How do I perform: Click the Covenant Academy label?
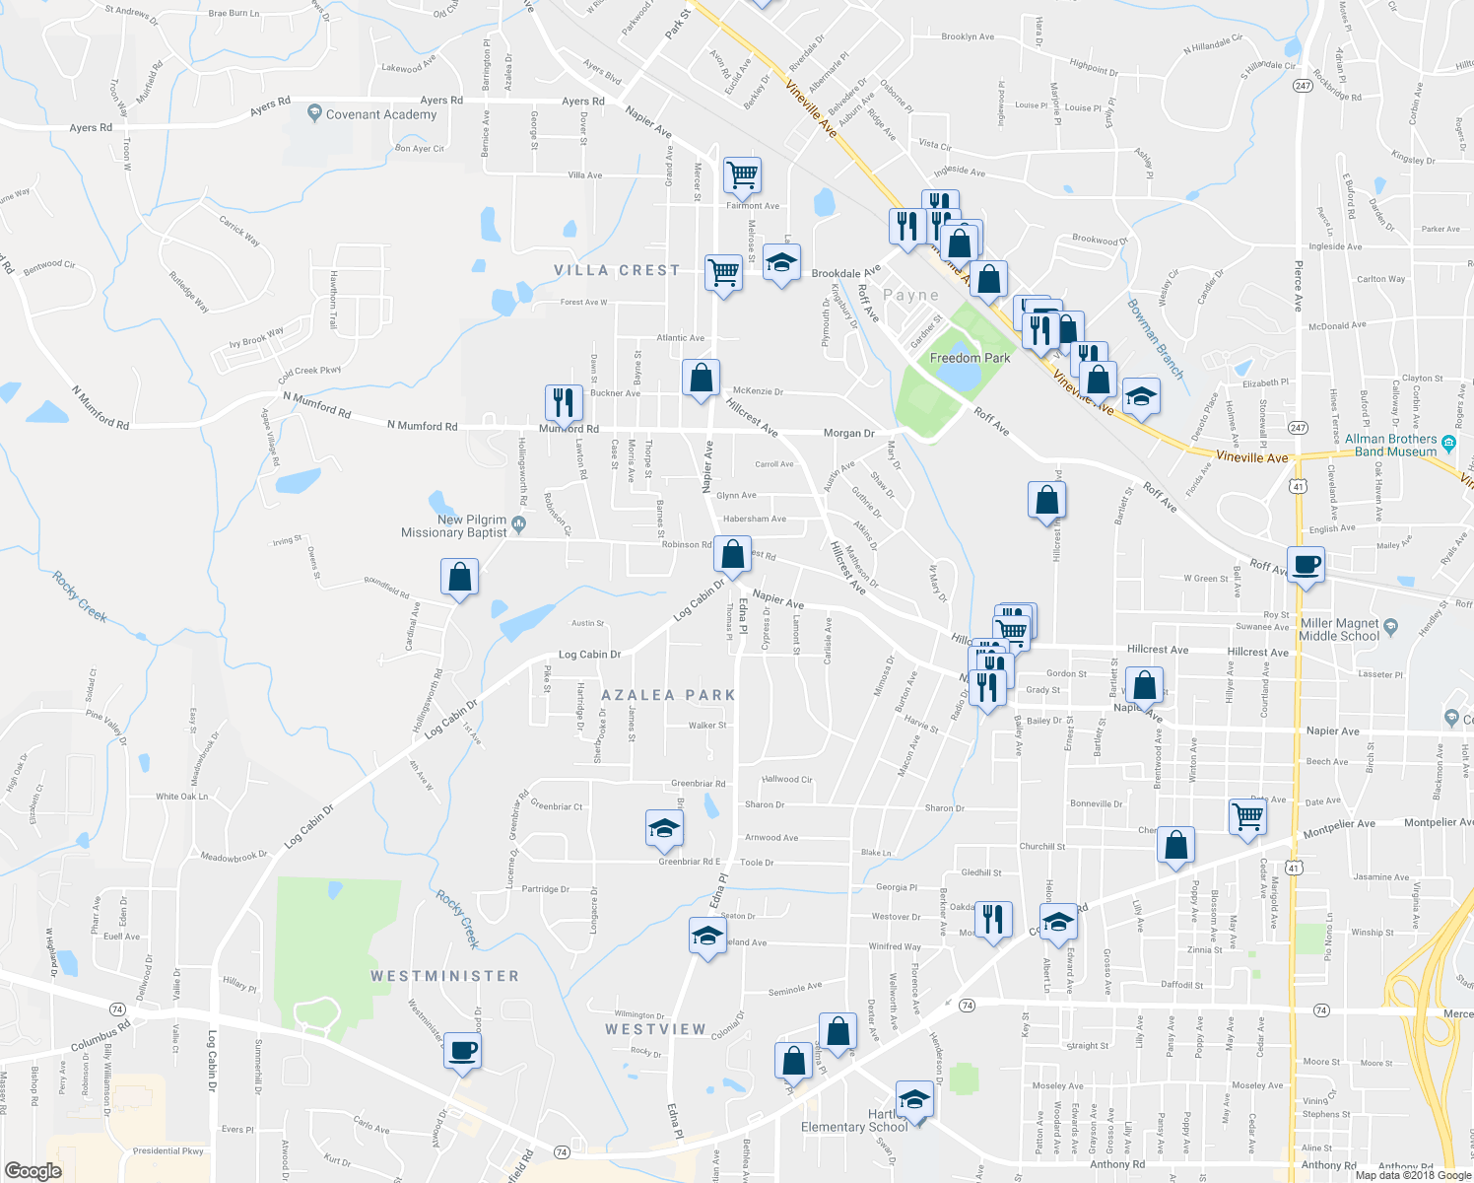pos(380,114)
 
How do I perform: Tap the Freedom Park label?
pos(970,358)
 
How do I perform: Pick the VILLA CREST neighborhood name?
pos(617,270)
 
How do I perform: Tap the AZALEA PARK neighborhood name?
pos(668,695)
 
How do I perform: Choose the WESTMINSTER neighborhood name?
pos(444,976)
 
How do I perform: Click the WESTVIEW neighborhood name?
pos(655,1029)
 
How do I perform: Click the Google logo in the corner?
pos(33,1170)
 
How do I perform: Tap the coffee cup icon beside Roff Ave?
pos(1306,566)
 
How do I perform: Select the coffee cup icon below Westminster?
pos(462,1050)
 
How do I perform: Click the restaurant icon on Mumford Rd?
pos(564,402)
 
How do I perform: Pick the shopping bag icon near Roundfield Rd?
pos(459,577)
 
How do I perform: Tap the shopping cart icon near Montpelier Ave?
pos(1247,817)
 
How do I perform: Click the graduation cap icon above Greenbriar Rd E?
pos(665,828)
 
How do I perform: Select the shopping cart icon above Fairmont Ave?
pos(742,175)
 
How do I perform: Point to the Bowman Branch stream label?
pos(1155,338)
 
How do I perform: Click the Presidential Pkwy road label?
pos(168,1150)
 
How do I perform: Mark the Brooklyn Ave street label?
pos(968,36)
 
